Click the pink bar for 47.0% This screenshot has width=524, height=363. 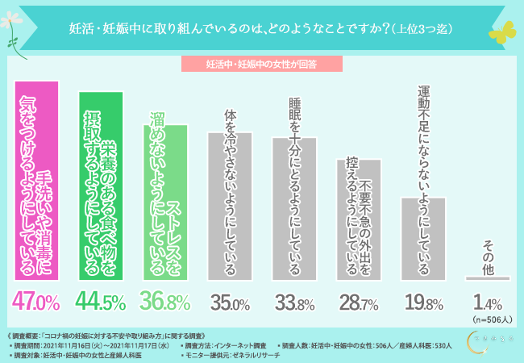(37, 181)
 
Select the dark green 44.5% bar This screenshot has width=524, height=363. (100, 186)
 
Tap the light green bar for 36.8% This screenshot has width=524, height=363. (166, 198)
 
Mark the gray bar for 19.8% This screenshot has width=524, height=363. (423, 238)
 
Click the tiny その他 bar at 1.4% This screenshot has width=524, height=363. (488, 278)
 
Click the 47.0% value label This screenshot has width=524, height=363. (37, 302)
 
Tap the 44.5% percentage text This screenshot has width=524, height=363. (100, 302)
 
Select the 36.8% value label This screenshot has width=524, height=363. (166, 302)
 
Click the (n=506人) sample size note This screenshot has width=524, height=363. (489, 318)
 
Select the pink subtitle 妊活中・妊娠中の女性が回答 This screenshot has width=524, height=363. (262, 64)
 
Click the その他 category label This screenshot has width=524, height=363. (488, 254)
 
